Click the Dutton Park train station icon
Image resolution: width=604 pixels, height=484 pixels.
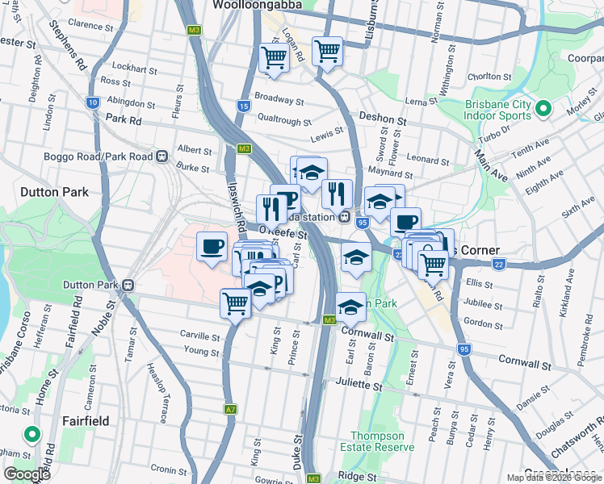point(128,285)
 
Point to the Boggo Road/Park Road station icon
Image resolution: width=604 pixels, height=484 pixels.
point(162,155)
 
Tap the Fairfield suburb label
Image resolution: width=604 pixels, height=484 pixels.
point(86,420)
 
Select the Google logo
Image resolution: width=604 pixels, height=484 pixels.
point(26,474)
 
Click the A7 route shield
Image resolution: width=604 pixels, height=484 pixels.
point(231,410)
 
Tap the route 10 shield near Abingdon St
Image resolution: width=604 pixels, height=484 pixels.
point(93,102)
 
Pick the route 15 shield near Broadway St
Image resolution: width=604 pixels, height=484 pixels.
point(244,106)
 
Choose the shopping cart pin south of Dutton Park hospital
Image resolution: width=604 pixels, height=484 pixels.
point(235,303)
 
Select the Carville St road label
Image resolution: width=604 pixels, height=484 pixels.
point(199,335)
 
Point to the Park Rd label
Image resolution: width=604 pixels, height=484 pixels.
point(124,119)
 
